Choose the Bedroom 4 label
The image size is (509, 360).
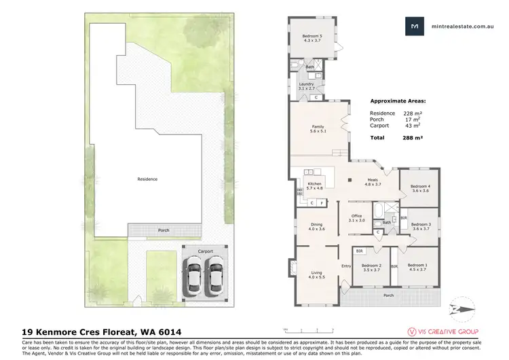420,188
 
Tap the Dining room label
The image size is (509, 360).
317,227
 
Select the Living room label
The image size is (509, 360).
317,274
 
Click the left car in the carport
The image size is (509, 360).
193,276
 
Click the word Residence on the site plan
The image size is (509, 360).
147,179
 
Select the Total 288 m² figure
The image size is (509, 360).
394,137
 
